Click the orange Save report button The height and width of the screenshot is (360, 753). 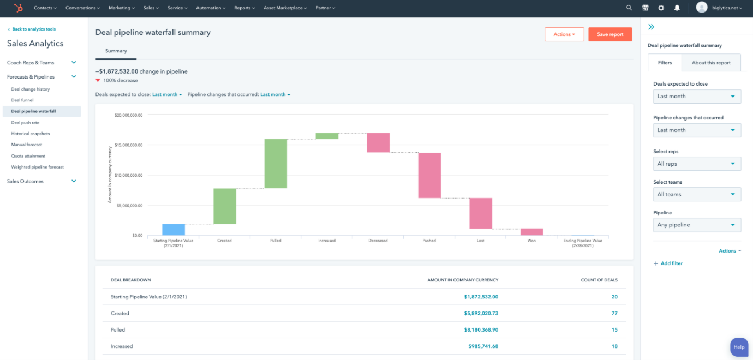click(609, 34)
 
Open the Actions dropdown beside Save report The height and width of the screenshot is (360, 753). click(564, 34)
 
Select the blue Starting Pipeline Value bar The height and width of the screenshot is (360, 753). click(174, 230)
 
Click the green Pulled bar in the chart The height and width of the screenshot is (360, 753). click(276, 164)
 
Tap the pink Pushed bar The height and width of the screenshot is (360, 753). click(429, 175)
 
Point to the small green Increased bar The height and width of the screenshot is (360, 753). click(327, 136)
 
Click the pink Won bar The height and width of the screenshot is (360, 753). click(531, 232)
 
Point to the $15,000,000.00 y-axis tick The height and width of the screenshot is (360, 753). click(129, 145)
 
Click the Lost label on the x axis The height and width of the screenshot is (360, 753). click(480, 241)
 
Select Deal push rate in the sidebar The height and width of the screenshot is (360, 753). click(25, 123)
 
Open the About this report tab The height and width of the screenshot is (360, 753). click(711, 63)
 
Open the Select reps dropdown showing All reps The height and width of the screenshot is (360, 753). click(697, 164)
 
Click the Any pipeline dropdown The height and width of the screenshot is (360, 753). click(697, 225)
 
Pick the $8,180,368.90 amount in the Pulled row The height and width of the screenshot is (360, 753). click(481, 330)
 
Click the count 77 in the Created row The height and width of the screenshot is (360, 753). click(614, 314)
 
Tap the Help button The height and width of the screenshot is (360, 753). click(739, 347)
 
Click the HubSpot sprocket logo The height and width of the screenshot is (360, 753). click(18, 8)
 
